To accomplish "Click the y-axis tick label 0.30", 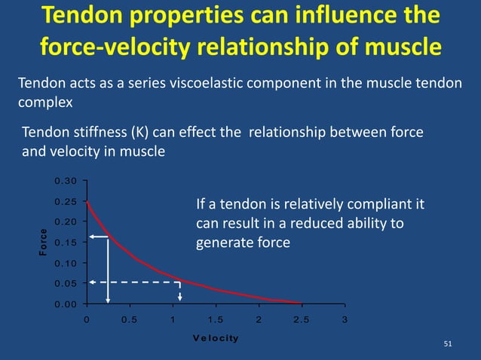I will click(x=66, y=181).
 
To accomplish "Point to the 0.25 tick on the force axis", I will click(x=66, y=201).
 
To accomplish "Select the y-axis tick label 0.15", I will click(x=66, y=243).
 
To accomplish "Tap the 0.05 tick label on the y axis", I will click(x=66, y=283).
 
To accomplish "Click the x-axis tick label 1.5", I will click(x=215, y=319).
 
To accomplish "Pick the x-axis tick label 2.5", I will click(x=302, y=319).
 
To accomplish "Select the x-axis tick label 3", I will click(x=345, y=319).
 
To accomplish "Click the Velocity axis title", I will click(x=215, y=337).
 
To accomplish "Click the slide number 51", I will click(x=448, y=344).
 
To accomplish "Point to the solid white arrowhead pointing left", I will click(x=91, y=236).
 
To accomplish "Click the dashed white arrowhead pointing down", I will click(x=179, y=296).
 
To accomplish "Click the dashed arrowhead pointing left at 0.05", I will click(x=91, y=282).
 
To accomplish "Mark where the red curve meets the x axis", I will click(x=301, y=303).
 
